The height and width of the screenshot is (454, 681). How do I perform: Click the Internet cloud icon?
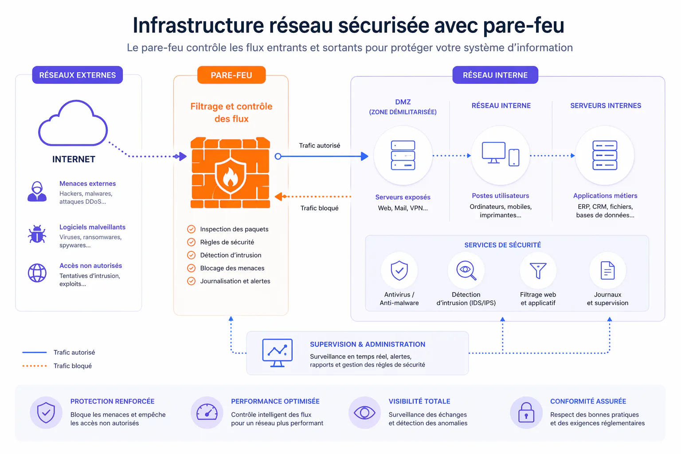coord(73,125)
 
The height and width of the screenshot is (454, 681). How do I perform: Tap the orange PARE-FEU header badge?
coord(231,75)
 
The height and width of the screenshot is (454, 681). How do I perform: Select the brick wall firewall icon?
coord(230,173)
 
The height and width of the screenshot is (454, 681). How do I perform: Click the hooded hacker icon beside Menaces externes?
coord(37,192)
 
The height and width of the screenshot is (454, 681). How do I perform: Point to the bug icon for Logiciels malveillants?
coord(37,234)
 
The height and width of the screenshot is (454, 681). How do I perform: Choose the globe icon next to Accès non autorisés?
coord(37,273)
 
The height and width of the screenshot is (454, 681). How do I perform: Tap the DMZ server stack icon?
coord(403,156)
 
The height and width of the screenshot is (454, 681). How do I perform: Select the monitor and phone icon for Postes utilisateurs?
coord(501,155)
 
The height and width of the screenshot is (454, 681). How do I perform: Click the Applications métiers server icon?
coord(605,156)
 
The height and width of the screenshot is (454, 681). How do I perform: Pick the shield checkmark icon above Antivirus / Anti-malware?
coord(399,270)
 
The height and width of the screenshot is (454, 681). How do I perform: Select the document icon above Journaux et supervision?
coord(607,270)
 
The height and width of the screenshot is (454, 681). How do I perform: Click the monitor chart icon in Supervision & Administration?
coord(278,353)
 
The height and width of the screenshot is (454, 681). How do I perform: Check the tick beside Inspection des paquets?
coord(192,229)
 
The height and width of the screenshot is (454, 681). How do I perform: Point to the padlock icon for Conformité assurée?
coord(526,413)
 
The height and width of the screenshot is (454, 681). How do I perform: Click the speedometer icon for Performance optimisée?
coord(207,413)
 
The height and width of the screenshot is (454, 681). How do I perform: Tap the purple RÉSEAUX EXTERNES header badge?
coord(78,75)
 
